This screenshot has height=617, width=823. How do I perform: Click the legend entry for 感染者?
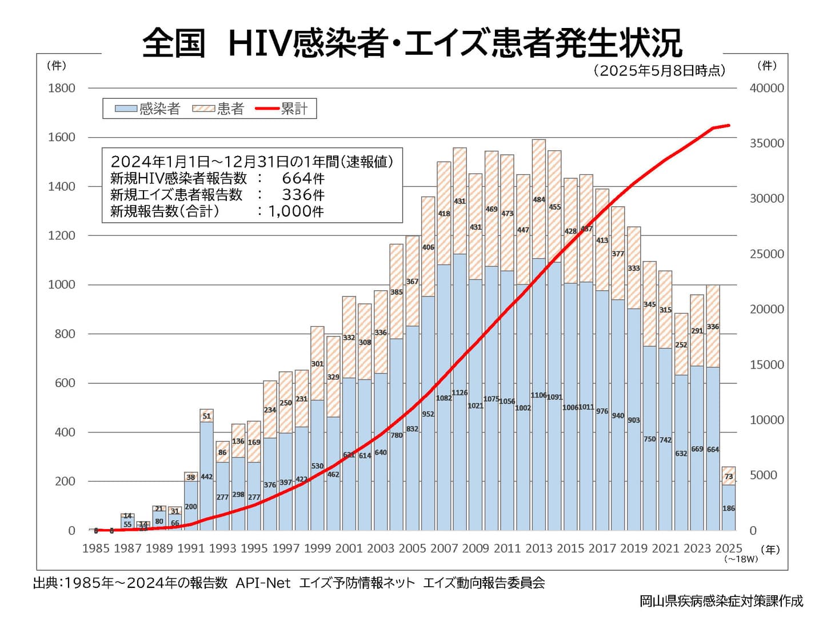coord(148,109)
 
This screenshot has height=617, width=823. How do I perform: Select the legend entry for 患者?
coord(219,109)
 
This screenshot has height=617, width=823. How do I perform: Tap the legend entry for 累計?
coord(283,109)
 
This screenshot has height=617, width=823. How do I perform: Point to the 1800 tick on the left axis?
coord(62,88)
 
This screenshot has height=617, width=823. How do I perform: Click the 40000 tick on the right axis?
coord(766,88)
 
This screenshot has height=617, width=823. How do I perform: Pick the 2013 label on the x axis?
coord(538,548)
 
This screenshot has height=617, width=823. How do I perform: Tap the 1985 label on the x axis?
coord(95,548)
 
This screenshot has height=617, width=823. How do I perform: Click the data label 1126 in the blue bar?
coord(460,393)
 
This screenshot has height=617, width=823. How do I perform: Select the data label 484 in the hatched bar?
coord(539,200)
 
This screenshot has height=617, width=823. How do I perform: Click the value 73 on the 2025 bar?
coord(729,476)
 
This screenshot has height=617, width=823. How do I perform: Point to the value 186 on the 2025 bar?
coord(729,508)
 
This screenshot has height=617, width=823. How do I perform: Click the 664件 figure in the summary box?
coord(303,178)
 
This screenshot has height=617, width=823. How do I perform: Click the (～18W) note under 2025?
coord(741,559)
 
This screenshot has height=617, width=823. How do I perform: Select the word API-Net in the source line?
coord(263,583)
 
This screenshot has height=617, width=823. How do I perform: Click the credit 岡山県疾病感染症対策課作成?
coord(721,601)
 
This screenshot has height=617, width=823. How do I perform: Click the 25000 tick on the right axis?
coord(766,254)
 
